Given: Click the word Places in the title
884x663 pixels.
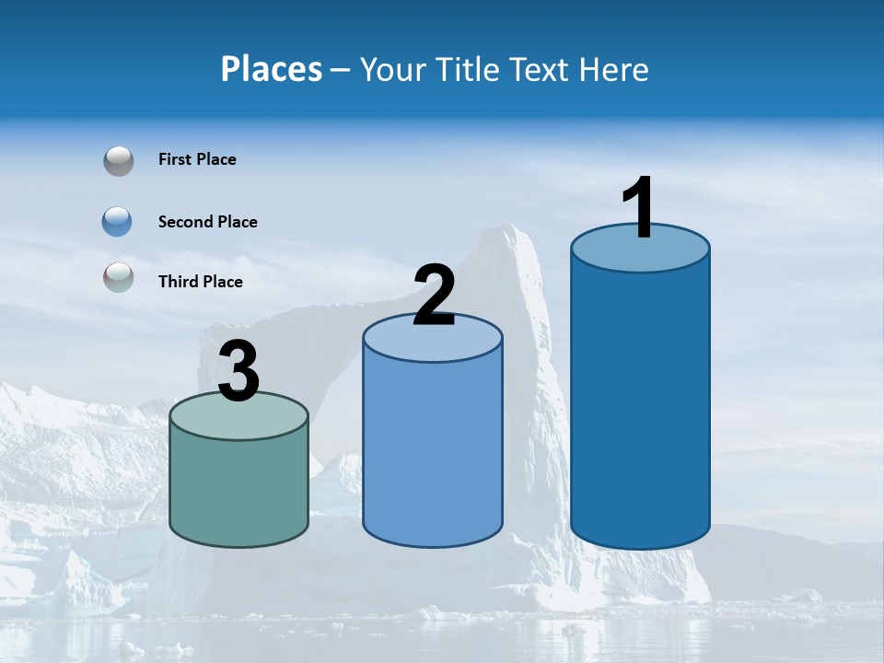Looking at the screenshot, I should [x=272, y=69].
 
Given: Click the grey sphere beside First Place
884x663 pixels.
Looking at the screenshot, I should [x=118, y=161].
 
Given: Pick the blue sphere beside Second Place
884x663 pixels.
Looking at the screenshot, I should [x=118, y=222].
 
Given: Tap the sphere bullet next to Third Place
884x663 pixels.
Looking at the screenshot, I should [x=118, y=277].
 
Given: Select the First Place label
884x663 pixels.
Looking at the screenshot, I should [x=197, y=159].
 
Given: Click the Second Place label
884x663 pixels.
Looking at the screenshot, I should [x=207, y=222].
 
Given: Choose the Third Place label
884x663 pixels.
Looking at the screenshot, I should [x=200, y=282].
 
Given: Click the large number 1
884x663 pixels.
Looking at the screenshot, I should [x=638, y=208].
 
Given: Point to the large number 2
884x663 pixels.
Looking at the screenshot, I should [x=434, y=296].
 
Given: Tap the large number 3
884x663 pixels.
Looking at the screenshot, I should [x=238, y=372].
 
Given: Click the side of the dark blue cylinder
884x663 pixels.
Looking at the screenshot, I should [x=640, y=405].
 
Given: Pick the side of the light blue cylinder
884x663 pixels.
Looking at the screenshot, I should [x=433, y=451].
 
